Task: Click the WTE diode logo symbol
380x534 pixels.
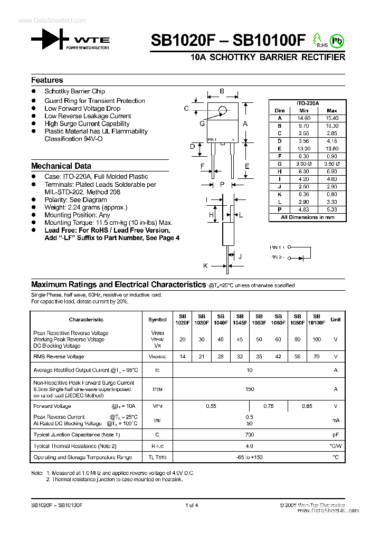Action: [x=50, y=40]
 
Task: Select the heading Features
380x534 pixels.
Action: [x=47, y=80]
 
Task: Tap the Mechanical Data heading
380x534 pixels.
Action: [x=61, y=166]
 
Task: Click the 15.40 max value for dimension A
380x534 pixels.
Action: [x=331, y=119]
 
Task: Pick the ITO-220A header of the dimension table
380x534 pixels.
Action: [x=308, y=103]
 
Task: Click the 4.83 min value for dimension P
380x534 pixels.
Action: [x=303, y=209]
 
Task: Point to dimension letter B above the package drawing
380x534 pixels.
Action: [x=222, y=91]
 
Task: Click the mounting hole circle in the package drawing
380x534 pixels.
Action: [x=223, y=110]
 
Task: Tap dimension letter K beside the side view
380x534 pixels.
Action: [x=206, y=266]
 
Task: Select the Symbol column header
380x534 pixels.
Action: [x=157, y=319]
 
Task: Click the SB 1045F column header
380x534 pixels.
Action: [x=240, y=319]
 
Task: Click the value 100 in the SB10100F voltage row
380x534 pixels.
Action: [x=317, y=339]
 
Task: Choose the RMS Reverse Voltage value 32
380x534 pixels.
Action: [x=240, y=357]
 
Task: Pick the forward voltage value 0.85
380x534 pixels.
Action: [x=307, y=406]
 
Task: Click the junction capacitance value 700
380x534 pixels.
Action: [x=250, y=435]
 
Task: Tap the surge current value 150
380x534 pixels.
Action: [x=250, y=389]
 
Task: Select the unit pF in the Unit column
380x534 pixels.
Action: [x=335, y=435]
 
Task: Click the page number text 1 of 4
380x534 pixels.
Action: [x=192, y=506]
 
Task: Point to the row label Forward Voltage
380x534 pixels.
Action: [x=50, y=406]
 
